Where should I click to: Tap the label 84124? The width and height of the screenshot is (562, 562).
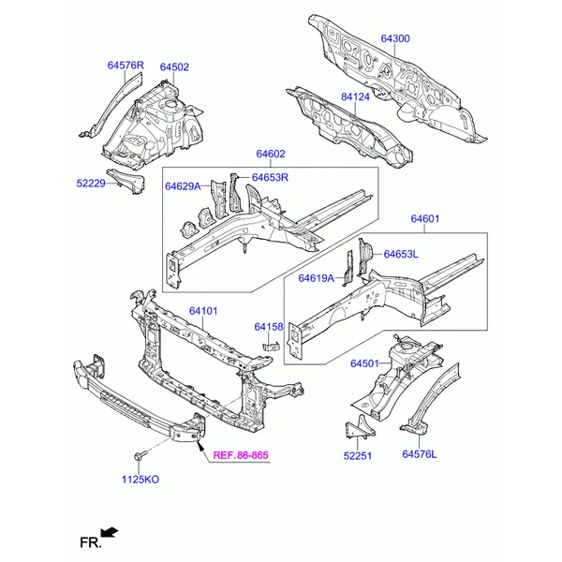pyautogui.click(x=357, y=96)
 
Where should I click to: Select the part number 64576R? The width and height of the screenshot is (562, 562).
pyautogui.click(x=126, y=66)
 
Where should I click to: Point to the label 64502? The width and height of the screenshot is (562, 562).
pyautogui.click(x=174, y=67)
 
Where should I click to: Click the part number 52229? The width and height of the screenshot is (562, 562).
pyautogui.click(x=92, y=185)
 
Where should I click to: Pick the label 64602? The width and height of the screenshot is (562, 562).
pyautogui.click(x=270, y=155)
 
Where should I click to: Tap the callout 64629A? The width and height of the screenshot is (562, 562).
pyautogui.click(x=184, y=186)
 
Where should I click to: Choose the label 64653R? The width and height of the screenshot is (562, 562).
pyautogui.click(x=270, y=178)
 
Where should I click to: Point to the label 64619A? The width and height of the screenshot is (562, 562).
pyautogui.click(x=317, y=278)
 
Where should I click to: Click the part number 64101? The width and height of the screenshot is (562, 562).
pyautogui.click(x=203, y=311)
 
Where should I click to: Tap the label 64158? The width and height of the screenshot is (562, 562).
pyautogui.click(x=269, y=327)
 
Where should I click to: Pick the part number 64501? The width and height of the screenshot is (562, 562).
pyautogui.click(x=366, y=363)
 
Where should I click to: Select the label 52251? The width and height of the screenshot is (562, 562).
pyautogui.click(x=358, y=458)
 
